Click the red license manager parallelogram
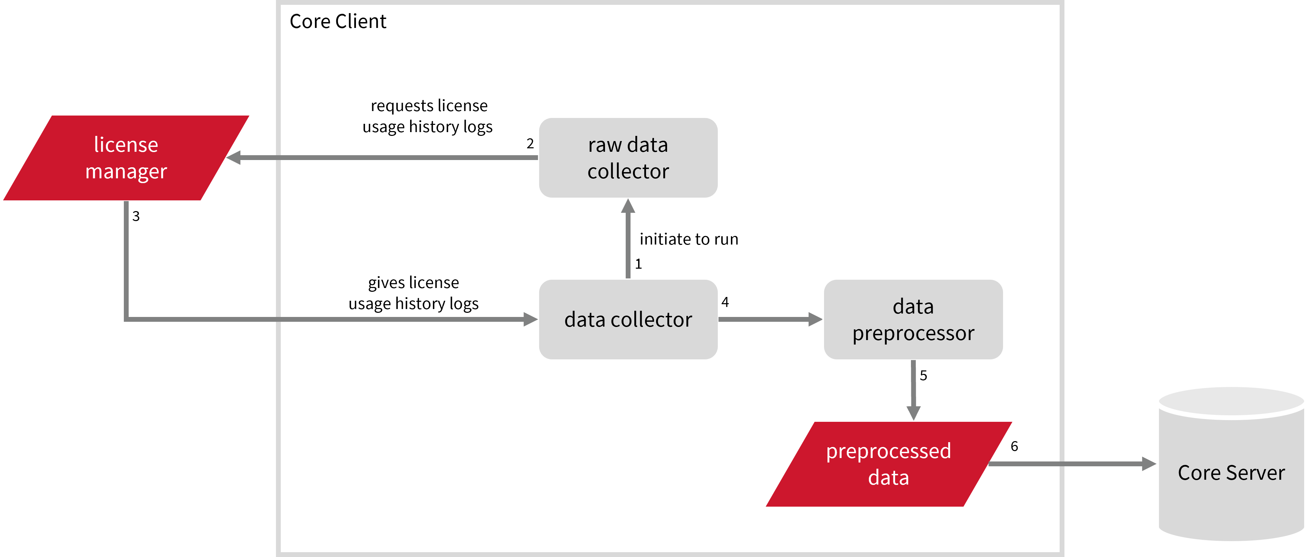coord(126,158)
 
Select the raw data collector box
coord(628,158)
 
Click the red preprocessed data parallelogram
coord(888,464)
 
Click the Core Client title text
coord(338,21)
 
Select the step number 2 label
coord(530,144)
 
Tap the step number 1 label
coord(638,264)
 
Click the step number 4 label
coord(725,302)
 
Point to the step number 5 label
coord(923,376)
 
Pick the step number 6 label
coord(1014,446)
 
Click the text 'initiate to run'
coord(688,239)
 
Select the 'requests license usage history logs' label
coord(428,116)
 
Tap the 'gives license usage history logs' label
coord(414,293)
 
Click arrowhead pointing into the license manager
coord(234,158)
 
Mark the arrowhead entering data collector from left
coord(530,319)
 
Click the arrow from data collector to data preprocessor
coord(770,319)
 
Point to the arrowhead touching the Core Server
coord(1148,464)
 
